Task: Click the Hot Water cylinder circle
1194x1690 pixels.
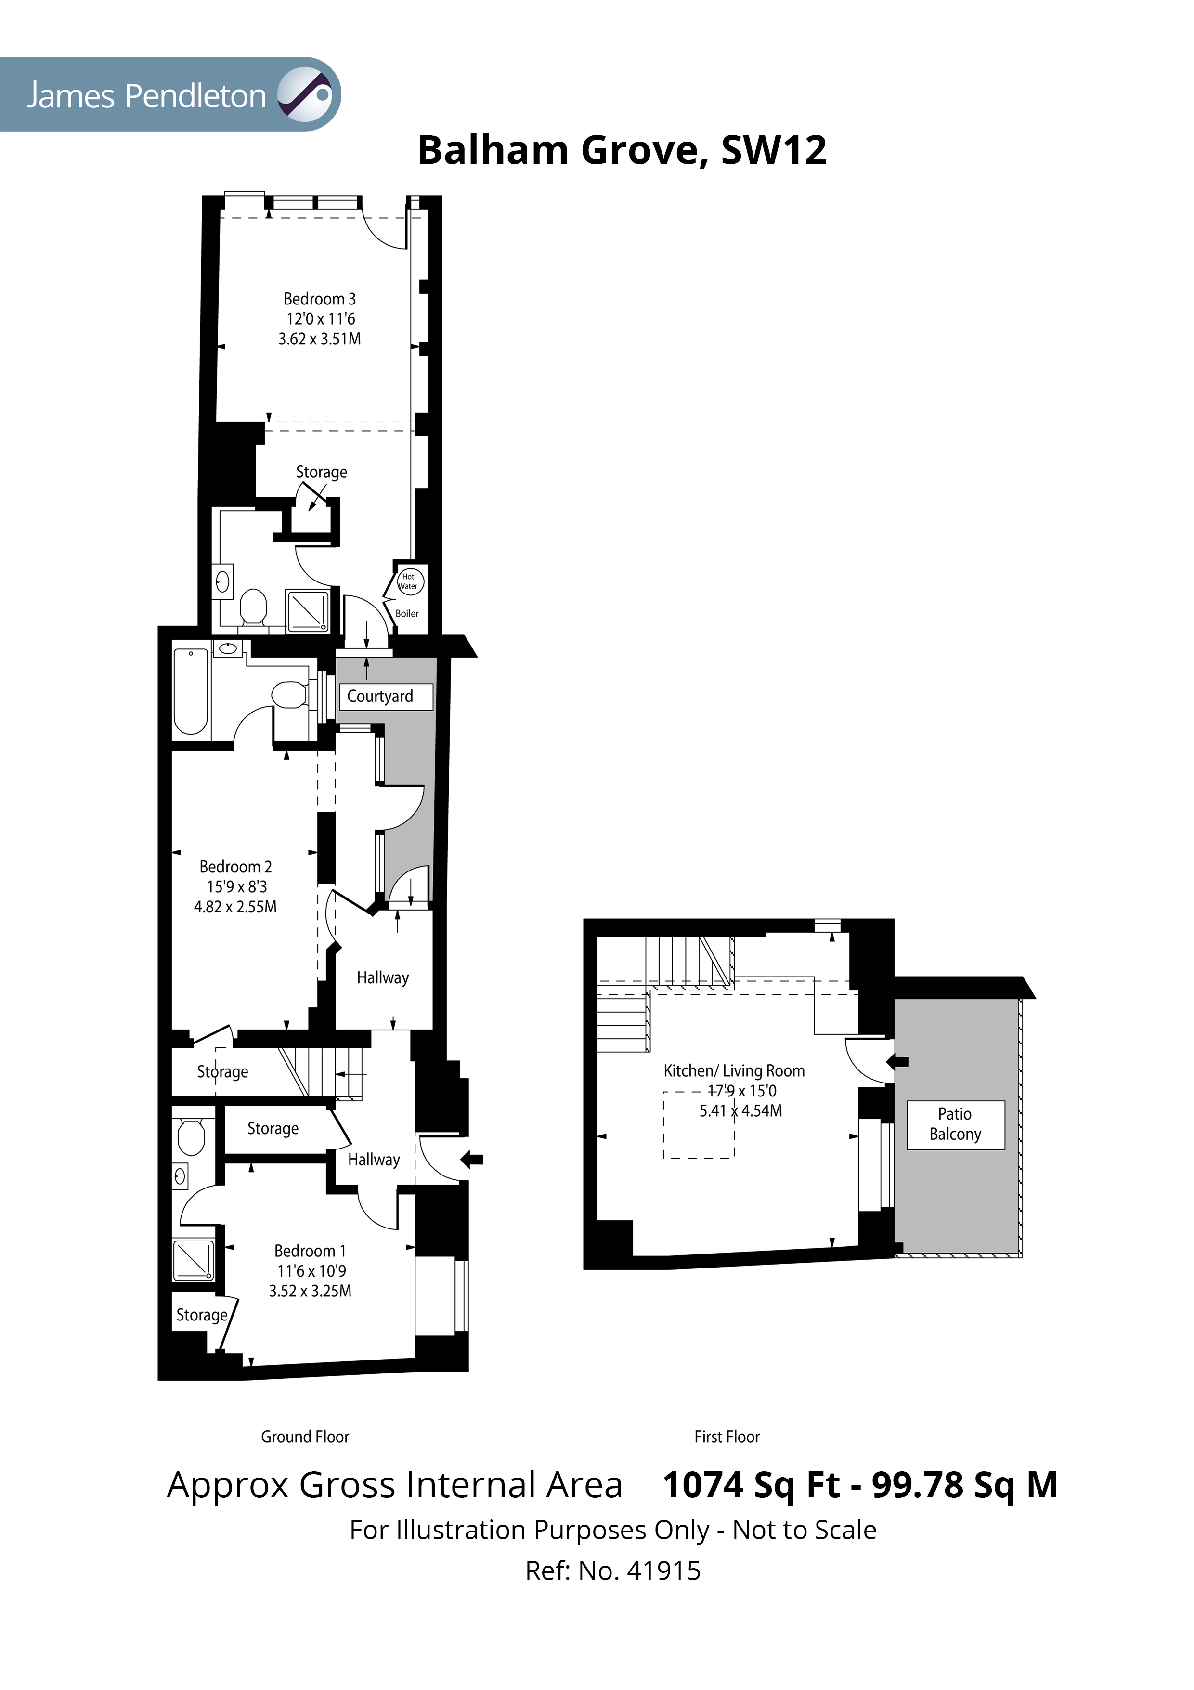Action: (409, 582)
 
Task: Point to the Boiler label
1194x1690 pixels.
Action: (407, 613)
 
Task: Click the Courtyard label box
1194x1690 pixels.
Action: (385, 696)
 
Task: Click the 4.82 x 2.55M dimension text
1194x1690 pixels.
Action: (235, 907)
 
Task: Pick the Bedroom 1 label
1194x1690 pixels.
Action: (310, 1251)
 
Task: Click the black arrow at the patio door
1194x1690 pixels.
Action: (898, 1061)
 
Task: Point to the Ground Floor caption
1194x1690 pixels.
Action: (305, 1437)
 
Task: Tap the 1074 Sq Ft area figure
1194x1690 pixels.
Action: (751, 1485)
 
